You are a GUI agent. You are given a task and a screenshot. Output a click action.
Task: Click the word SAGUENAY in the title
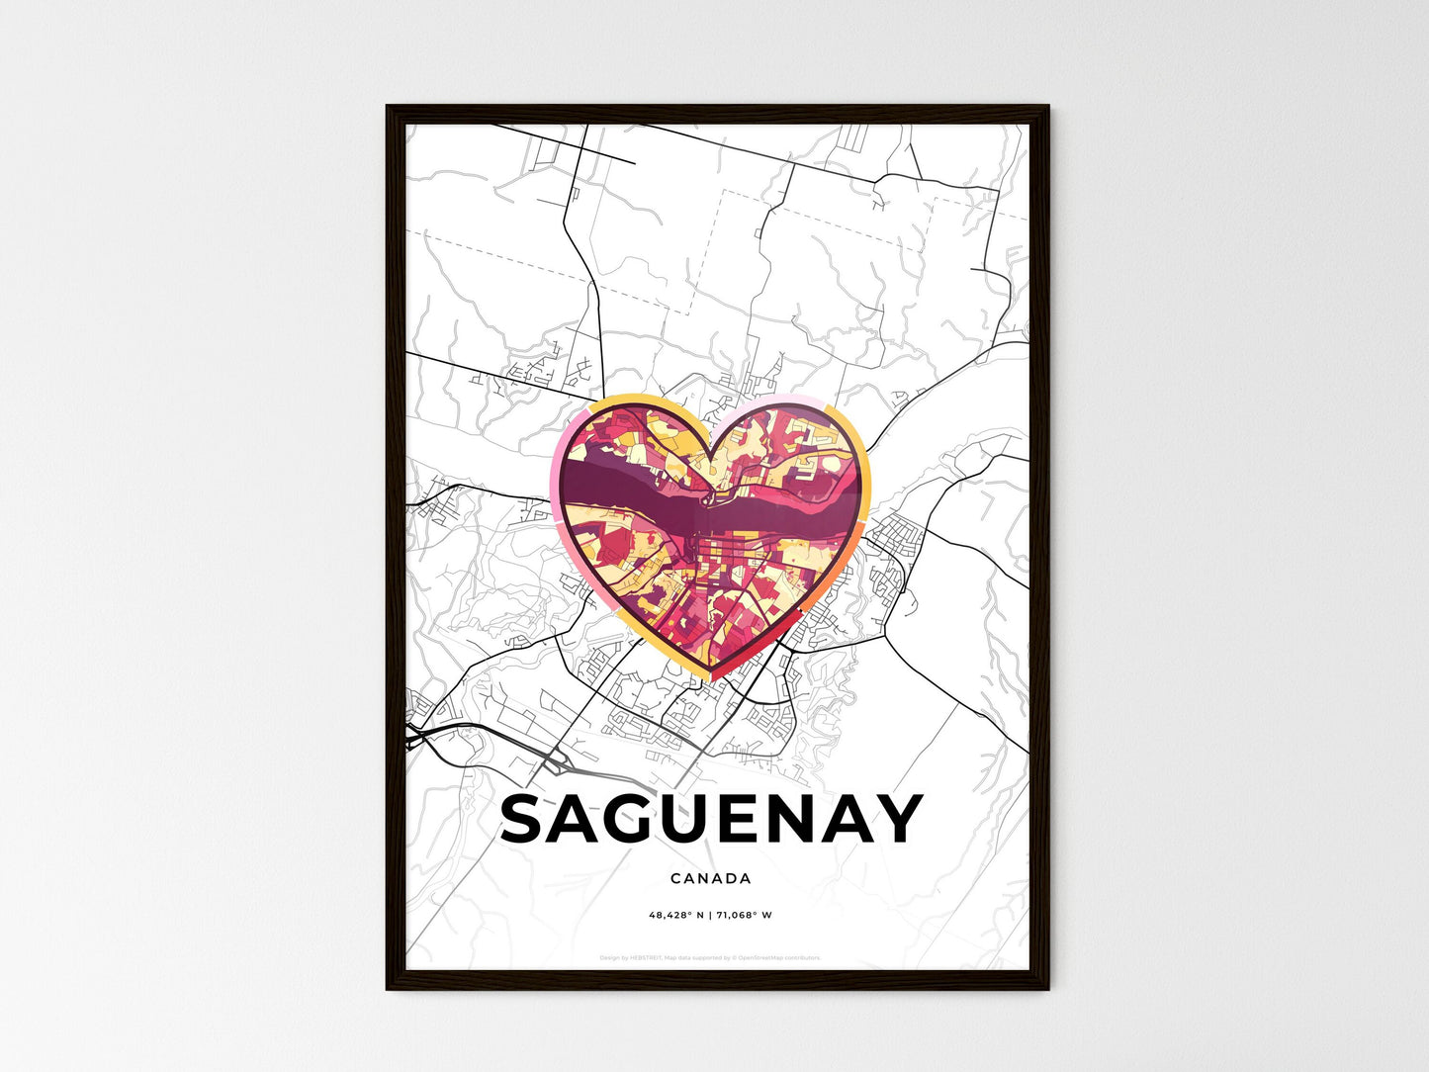tap(711, 820)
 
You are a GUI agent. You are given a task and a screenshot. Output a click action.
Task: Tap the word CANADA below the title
tap(710, 878)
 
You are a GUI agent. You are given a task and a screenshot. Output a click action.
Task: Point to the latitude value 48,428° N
tap(675, 915)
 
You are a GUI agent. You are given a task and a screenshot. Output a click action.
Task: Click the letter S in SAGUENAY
tap(528, 820)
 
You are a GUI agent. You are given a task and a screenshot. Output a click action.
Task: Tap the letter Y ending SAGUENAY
tap(897, 820)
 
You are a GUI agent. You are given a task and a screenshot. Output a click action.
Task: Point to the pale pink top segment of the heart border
tap(781, 400)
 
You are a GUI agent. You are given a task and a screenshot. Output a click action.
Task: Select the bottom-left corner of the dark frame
tap(389, 987)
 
